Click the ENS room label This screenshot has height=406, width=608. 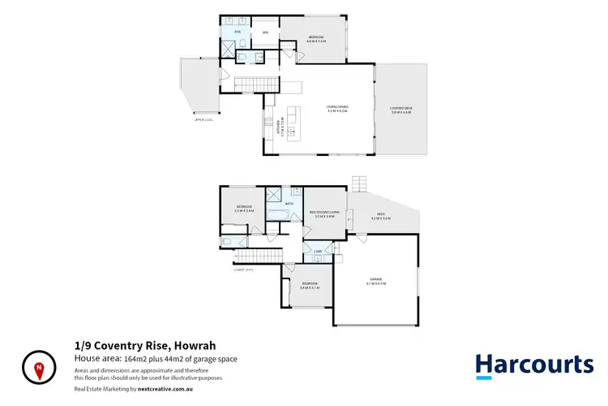click(x=238, y=32)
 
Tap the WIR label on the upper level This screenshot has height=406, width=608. click(x=264, y=32)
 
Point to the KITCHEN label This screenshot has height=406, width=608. click(x=272, y=127)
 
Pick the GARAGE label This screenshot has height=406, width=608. click(x=375, y=283)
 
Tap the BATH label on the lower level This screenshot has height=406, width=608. click(x=278, y=204)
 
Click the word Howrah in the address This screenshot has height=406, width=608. click(x=194, y=345)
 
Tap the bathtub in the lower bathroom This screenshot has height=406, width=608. click(x=278, y=215)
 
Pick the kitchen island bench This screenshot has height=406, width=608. click(x=292, y=122)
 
